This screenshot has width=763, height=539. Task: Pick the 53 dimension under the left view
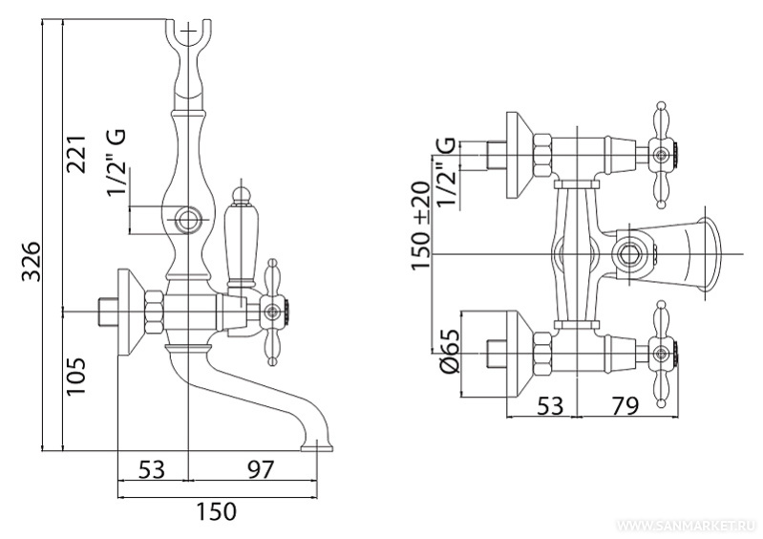point(151,469)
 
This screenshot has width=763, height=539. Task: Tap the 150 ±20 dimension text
point(421,226)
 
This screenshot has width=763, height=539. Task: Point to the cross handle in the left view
point(272,310)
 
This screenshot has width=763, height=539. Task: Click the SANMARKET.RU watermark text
point(687,526)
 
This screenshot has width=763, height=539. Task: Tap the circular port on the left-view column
point(188,219)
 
